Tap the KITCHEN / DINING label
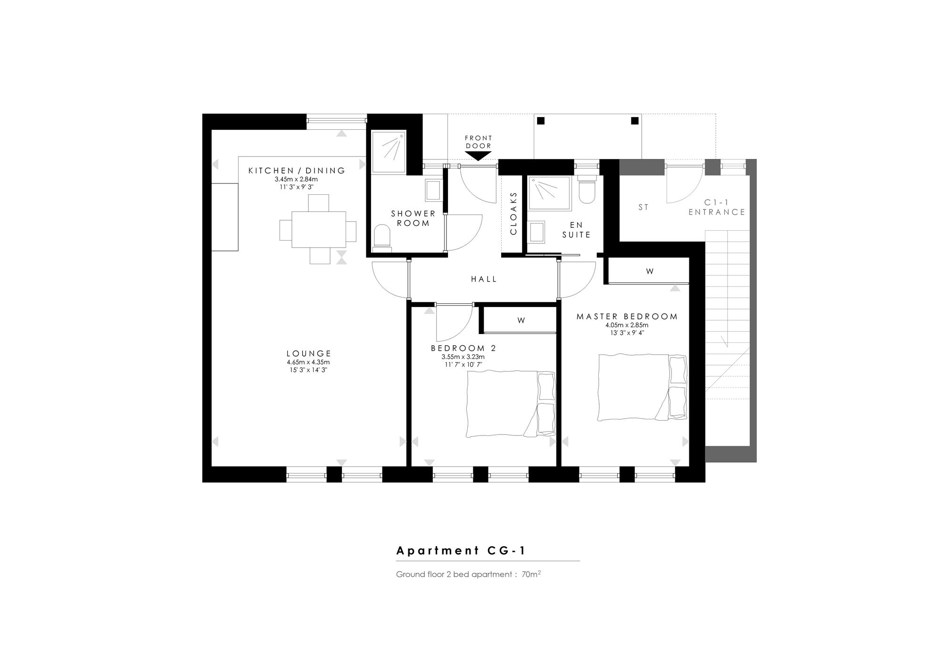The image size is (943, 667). pyautogui.click(x=297, y=170)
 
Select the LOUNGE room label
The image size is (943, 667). pyautogui.click(x=309, y=353)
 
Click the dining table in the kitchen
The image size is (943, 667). pyautogui.click(x=318, y=230)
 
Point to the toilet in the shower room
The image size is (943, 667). pyautogui.click(x=382, y=237)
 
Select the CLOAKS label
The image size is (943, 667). pyautogui.click(x=513, y=213)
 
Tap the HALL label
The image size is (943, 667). pyautogui.click(x=484, y=279)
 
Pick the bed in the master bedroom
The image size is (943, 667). pyautogui.click(x=642, y=387)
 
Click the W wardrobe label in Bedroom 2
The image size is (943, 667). pyautogui.click(x=521, y=320)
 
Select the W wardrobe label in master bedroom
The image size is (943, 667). pyautogui.click(x=650, y=271)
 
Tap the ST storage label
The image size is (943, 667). pyautogui.click(x=644, y=207)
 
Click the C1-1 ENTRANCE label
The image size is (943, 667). pyautogui.click(x=717, y=208)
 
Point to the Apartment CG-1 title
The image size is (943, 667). pyautogui.click(x=461, y=550)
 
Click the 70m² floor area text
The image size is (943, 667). pyautogui.click(x=531, y=574)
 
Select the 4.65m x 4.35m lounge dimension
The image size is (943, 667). pyautogui.click(x=308, y=362)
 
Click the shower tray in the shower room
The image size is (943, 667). pyautogui.click(x=389, y=152)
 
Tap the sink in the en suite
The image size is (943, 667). pyautogui.click(x=537, y=232)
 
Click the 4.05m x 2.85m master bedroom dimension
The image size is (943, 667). pyautogui.click(x=627, y=325)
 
